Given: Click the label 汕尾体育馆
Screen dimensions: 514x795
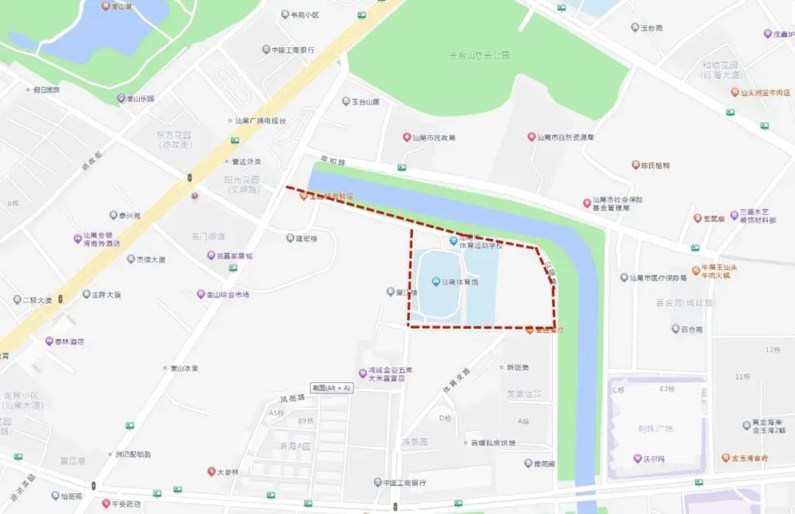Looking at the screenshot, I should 459,282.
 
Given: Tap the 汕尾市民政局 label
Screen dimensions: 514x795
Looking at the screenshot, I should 434,138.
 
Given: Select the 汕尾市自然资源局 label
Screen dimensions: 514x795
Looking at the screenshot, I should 565,137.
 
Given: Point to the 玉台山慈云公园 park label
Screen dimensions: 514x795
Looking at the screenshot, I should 479,55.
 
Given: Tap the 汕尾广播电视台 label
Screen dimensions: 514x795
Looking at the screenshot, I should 259,121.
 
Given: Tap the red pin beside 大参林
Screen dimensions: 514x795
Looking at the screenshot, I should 211,471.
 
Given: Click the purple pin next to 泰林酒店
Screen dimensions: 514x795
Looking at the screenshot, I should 49,341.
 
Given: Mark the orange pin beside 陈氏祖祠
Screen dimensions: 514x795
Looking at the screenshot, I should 635,165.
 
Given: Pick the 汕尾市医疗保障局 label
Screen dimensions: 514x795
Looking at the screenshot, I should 657,278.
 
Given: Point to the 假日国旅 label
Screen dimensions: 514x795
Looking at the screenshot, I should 46,90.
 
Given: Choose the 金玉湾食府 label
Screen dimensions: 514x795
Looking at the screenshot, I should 749,458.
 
